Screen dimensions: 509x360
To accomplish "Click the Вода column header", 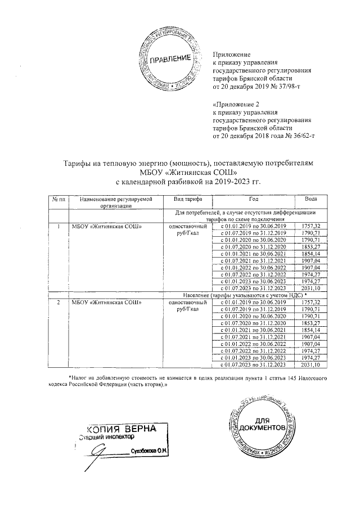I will point(310,200).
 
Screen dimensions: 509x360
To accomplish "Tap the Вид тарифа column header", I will point(181,200).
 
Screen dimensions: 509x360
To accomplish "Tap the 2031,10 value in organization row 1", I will point(310,288).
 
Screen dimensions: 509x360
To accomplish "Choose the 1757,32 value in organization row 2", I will point(310,302).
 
